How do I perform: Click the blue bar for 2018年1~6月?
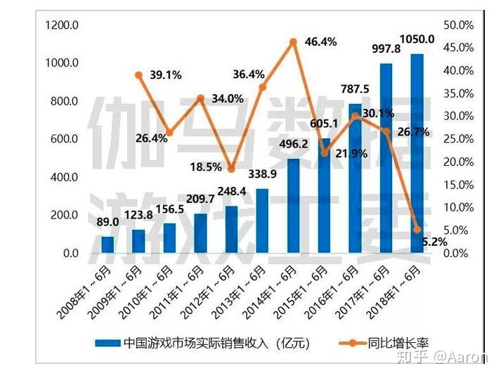point(417,153)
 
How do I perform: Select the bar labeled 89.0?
point(108,245)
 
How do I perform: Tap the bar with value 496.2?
point(293,206)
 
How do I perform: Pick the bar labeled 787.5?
point(356,178)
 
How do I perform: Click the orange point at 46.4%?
point(293,42)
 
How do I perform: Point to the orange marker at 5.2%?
point(417,230)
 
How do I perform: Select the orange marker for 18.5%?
point(232,169)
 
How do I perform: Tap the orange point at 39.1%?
point(138,75)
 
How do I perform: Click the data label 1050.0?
point(417,39)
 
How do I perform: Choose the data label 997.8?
point(386,48)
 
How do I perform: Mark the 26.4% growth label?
point(151,138)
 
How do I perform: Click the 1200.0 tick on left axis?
point(62,25)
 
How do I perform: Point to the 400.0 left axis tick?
point(64,176)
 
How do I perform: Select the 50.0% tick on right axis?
point(458,25)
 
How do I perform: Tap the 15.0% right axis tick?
point(458,185)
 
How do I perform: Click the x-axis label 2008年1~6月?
point(84,293)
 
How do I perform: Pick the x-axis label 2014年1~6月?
point(269,293)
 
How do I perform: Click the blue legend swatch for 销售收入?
point(108,343)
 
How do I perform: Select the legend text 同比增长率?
point(398,343)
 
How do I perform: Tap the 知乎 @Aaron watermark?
point(442,357)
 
